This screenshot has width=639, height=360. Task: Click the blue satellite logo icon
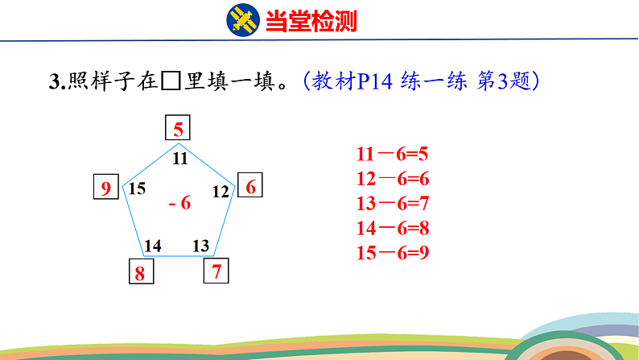point(243,20)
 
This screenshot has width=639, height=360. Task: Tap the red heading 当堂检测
point(311,21)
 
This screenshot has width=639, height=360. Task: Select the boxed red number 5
point(178,127)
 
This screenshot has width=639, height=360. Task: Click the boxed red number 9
point(106,187)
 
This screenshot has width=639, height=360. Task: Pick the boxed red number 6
point(249,184)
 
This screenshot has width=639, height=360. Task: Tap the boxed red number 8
point(141,271)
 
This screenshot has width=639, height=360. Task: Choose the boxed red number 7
point(216,271)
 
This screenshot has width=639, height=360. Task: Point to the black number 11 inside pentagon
point(179,158)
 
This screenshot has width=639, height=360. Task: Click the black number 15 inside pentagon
point(137,188)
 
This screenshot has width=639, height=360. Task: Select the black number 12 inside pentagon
point(221,192)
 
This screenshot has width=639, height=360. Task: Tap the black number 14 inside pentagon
point(153,246)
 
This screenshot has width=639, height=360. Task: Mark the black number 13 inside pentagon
point(200,246)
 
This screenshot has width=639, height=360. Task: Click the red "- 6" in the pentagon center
point(179,203)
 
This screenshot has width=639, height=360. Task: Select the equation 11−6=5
point(392,154)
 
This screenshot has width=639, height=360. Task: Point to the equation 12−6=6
point(393,179)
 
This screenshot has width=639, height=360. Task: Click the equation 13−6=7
point(393,203)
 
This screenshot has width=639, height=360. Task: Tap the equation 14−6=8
point(393,228)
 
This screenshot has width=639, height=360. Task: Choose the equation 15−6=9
point(393,252)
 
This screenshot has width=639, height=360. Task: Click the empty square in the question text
point(171,81)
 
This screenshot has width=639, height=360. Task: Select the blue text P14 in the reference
point(374,81)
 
